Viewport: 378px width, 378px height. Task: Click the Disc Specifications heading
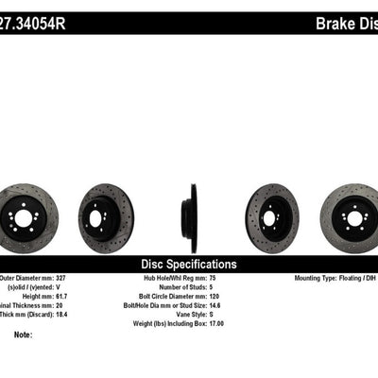coord(188,265)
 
